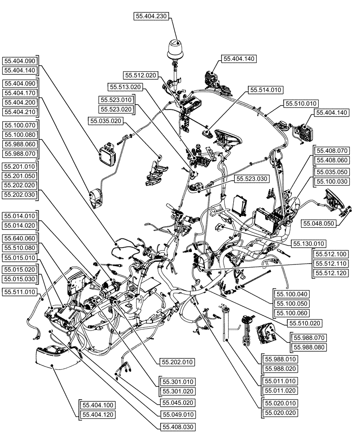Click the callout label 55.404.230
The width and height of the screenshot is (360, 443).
(x=151, y=16)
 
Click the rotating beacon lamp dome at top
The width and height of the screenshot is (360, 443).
(x=176, y=48)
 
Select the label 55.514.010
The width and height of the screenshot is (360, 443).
(x=266, y=90)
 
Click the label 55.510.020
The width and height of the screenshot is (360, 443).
(x=305, y=323)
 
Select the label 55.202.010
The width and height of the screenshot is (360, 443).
(x=176, y=362)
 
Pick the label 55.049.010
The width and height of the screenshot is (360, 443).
(x=176, y=415)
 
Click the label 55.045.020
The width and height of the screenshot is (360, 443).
(x=176, y=403)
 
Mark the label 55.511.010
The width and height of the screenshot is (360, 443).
(x=20, y=292)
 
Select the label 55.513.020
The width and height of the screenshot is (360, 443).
(x=125, y=87)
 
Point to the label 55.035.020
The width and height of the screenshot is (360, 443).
(x=106, y=120)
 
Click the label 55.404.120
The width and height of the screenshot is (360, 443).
(x=97, y=415)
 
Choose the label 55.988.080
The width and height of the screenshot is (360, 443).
(x=308, y=347)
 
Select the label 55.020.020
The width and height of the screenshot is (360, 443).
(x=280, y=412)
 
